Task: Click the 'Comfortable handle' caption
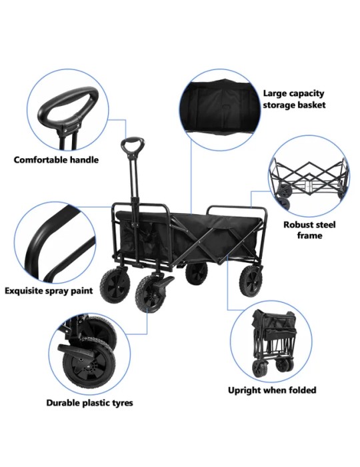tap(56, 160)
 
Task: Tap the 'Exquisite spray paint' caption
tap(49, 291)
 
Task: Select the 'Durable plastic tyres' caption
tap(89, 403)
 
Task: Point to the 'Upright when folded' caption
tap(272, 390)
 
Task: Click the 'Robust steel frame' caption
tap(309, 230)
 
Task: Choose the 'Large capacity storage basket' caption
tap(294, 99)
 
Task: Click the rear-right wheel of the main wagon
tap(251, 281)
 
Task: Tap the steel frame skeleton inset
tap(309, 177)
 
